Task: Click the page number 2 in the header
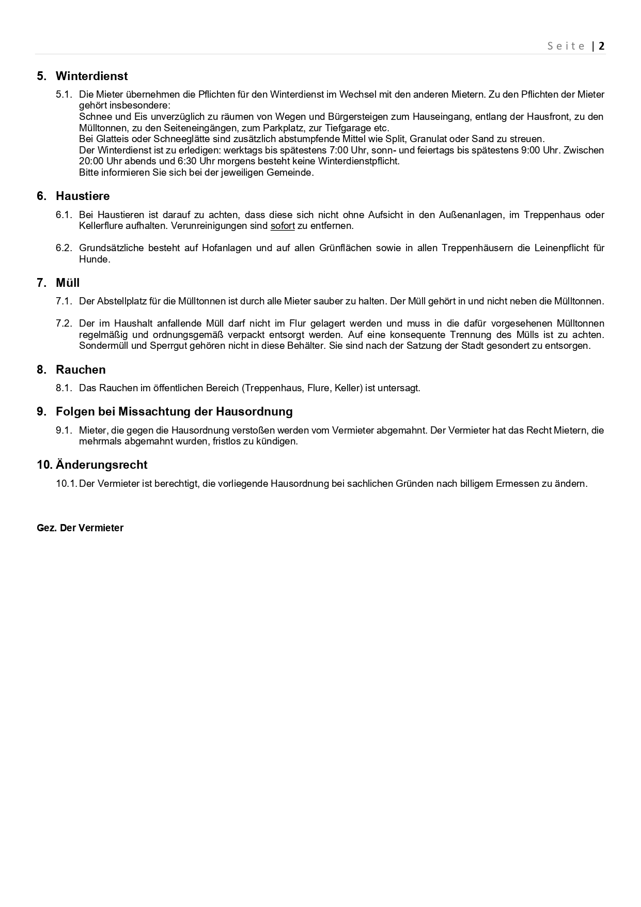[601, 46]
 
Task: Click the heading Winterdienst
[91, 76]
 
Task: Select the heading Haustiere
[83, 196]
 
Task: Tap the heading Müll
[68, 283]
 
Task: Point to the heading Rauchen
[81, 370]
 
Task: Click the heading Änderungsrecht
[101, 465]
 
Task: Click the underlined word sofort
[283, 226]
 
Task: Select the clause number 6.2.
[64, 248]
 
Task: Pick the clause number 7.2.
[64, 324]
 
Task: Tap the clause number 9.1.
[64, 430]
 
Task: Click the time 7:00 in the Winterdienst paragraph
[340, 150]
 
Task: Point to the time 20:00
[91, 161]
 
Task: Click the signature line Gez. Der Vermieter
[80, 528]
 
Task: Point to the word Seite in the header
[567, 46]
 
